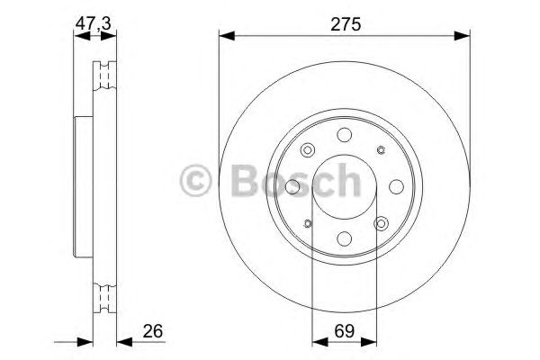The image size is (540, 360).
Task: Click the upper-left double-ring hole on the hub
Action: (308, 150)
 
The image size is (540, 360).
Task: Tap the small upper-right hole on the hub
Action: (381, 150)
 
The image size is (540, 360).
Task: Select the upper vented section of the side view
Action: (106, 76)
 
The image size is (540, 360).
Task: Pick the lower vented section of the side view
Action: (106, 294)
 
